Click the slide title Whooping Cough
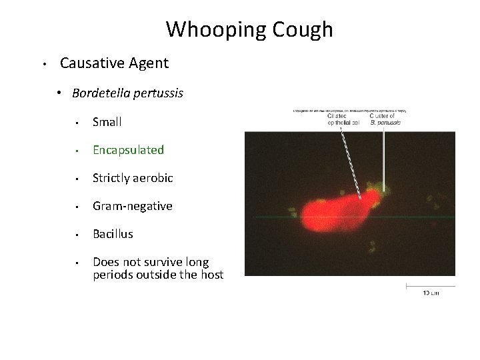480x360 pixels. point(249,29)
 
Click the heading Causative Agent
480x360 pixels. point(114,64)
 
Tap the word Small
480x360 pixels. point(107,122)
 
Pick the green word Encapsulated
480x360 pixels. point(128,150)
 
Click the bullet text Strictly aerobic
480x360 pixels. point(133,178)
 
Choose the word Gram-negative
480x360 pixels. point(132,206)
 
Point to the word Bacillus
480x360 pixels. point(113,234)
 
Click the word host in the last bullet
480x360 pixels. point(211,275)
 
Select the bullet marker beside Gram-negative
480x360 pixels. point(78,207)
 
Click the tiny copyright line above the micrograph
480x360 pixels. point(350,110)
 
